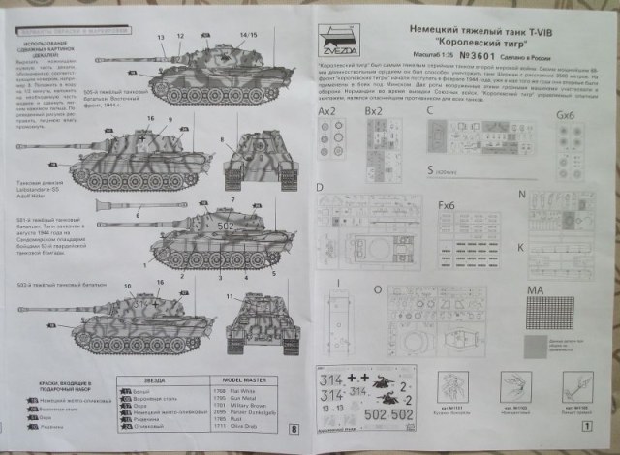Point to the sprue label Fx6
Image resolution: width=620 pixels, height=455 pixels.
[x=447, y=205]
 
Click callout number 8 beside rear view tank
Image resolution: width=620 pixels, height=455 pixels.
[x=222, y=139]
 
